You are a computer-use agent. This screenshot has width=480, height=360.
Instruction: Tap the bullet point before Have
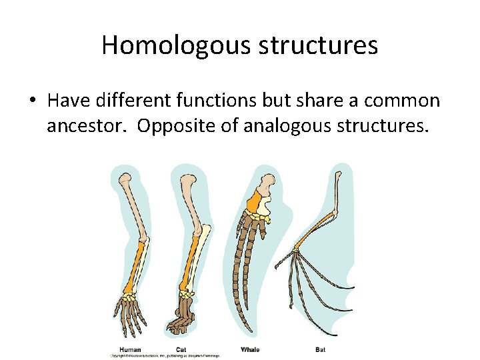click(32, 101)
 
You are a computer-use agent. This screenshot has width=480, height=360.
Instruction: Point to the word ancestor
click(85, 125)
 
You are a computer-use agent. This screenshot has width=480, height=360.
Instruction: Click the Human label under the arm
click(130, 349)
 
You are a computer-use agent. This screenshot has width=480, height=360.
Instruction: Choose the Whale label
click(250, 349)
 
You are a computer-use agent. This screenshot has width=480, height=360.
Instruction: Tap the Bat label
click(321, 349)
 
